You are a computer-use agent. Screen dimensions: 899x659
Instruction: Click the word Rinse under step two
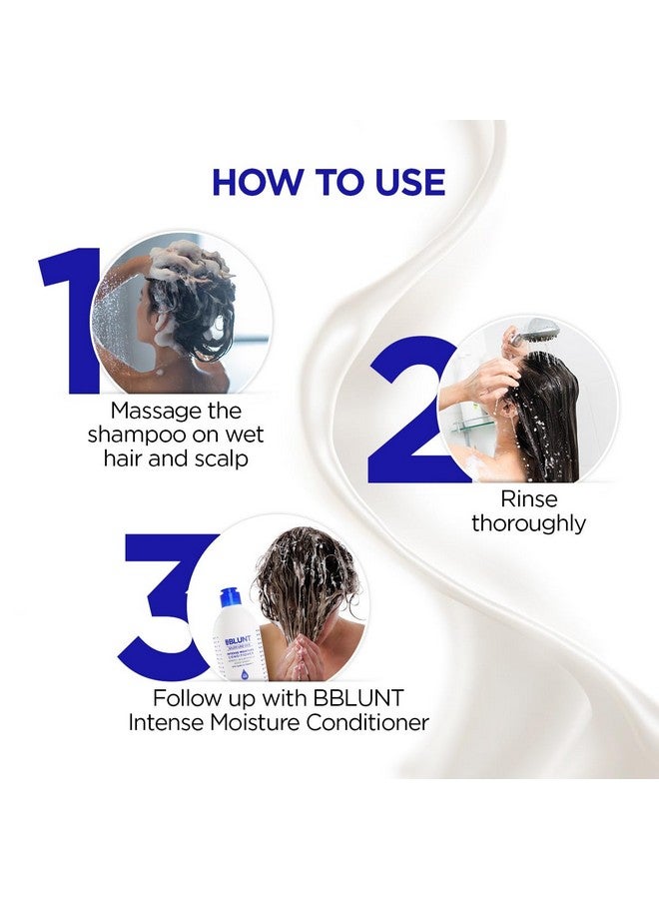[x=529, y=497]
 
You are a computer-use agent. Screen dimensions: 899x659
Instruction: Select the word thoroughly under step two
[x=529, y=522]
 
